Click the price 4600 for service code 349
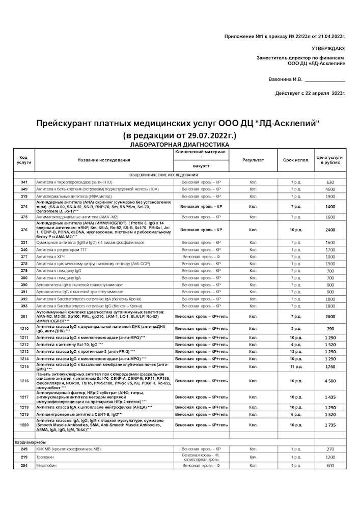click(330, 189)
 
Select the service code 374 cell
click(24, 207)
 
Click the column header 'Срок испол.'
click(296, 160)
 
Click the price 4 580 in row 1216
click(330, 381)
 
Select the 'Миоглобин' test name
click(46, 466)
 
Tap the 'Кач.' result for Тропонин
click(253, 458)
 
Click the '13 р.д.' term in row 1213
click(296, 352)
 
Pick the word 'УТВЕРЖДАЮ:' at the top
click(327, 48)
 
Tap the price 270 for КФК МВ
click(330, 449)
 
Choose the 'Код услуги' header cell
click(24, 160)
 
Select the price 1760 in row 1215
click(330, 366)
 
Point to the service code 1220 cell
click(24, 425)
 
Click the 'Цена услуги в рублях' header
click(330, 160)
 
